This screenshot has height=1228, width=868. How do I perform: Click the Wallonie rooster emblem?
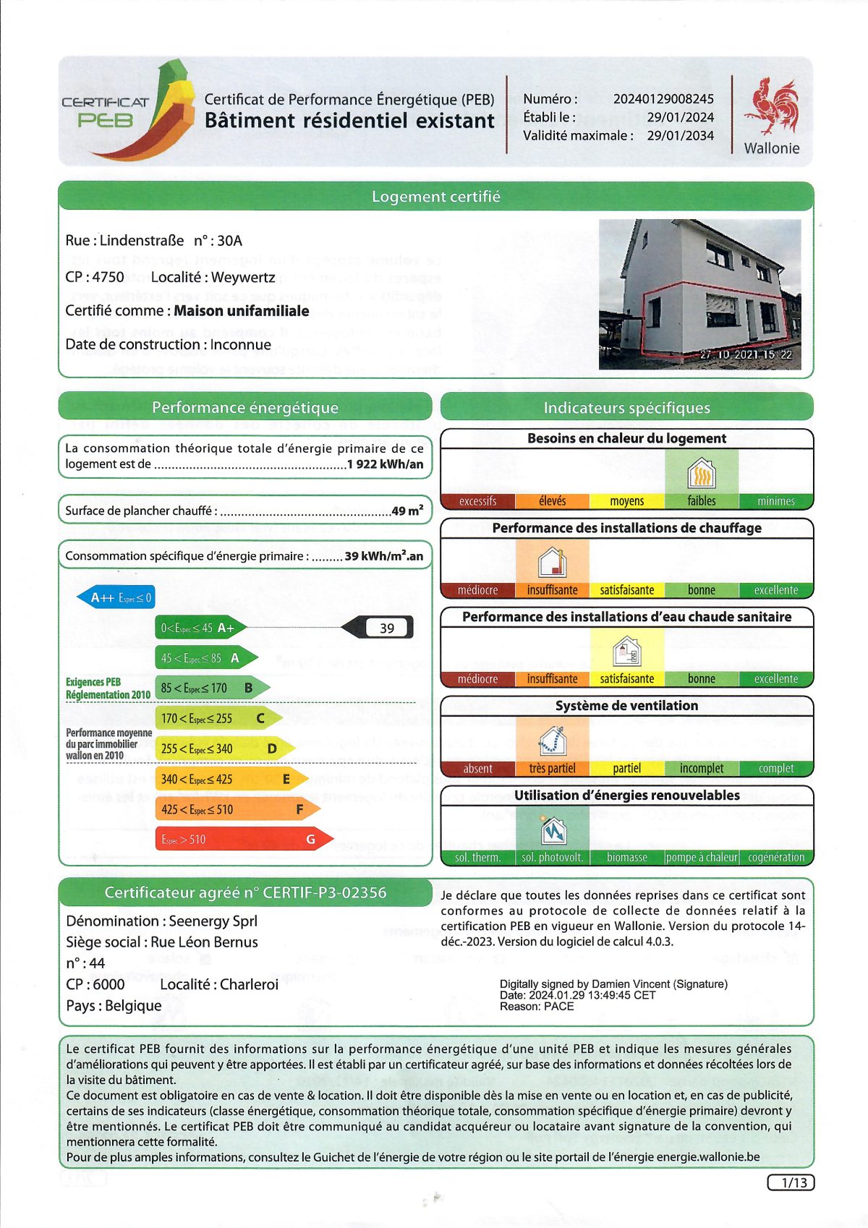tap(773, 107)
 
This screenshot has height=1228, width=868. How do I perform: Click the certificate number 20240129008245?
tap(663, 99)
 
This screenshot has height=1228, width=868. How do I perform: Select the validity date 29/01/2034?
tap(680, 135)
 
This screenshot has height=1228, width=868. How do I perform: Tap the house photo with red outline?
tap(699, 294)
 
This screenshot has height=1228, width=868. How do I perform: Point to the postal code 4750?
tap(108, 277)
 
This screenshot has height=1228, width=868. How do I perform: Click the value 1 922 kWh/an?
tap(385, 464)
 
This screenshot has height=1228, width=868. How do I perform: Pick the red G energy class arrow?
tap(243, 840)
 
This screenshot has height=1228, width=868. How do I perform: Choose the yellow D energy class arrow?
tap(224, 749)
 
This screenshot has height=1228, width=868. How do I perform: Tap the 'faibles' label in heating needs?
tap(701, 501)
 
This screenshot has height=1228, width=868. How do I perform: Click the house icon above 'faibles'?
tap(701, 474)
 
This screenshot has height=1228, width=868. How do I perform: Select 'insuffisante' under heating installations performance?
tap(552, 590)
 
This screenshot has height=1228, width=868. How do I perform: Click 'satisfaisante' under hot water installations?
tap(626, 679)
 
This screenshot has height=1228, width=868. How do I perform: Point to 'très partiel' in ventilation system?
tap(552, 769)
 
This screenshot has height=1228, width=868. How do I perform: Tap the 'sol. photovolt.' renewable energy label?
tap(552, 858)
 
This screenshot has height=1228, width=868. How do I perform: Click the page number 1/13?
tap(791, 1182)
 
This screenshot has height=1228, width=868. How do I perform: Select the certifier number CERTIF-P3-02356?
tap(324, 892)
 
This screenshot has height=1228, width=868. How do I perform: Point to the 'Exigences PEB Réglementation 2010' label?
tap(108, 688)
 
